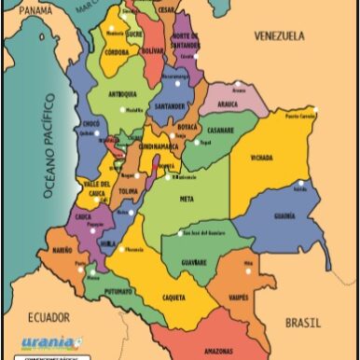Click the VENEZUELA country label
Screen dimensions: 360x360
280,36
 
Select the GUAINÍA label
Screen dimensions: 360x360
284,215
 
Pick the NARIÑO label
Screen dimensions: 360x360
62,251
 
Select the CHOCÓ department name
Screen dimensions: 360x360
90,122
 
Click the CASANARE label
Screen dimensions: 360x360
219,130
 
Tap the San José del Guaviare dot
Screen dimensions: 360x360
180,233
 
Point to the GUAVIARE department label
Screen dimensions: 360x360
194,262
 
